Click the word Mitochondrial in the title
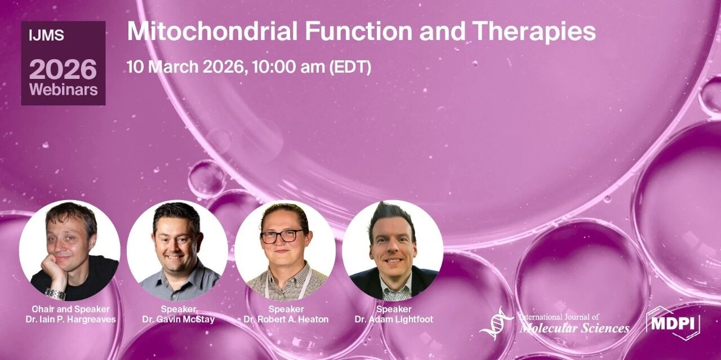click(212, 31)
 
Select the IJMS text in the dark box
click(46, 35)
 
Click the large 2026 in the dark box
click(63, 69)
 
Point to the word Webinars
click(64, 89)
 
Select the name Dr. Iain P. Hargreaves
click(70, 319)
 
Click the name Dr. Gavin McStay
click(179, 319)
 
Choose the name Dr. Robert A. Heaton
click(286, 319)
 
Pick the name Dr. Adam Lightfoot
click(394, 319)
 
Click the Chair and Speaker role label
click(70, 309)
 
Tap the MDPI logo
click(673, 323)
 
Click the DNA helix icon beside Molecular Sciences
click(496, 323)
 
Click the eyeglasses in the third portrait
click(282, 237)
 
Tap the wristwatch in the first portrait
click(55, 294)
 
